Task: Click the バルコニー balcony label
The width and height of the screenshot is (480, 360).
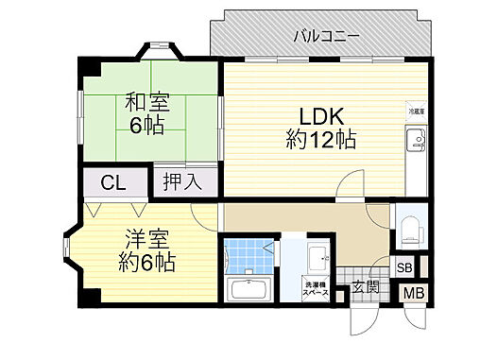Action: coord(325,36)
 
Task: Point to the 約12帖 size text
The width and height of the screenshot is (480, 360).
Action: coord(320,142)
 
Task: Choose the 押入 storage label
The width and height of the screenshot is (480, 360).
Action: coord(182,181)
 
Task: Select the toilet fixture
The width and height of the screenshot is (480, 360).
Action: coord(411,230)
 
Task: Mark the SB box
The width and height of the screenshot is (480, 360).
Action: coord(403,267)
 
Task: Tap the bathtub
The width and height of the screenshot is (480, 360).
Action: coord(249,289)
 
